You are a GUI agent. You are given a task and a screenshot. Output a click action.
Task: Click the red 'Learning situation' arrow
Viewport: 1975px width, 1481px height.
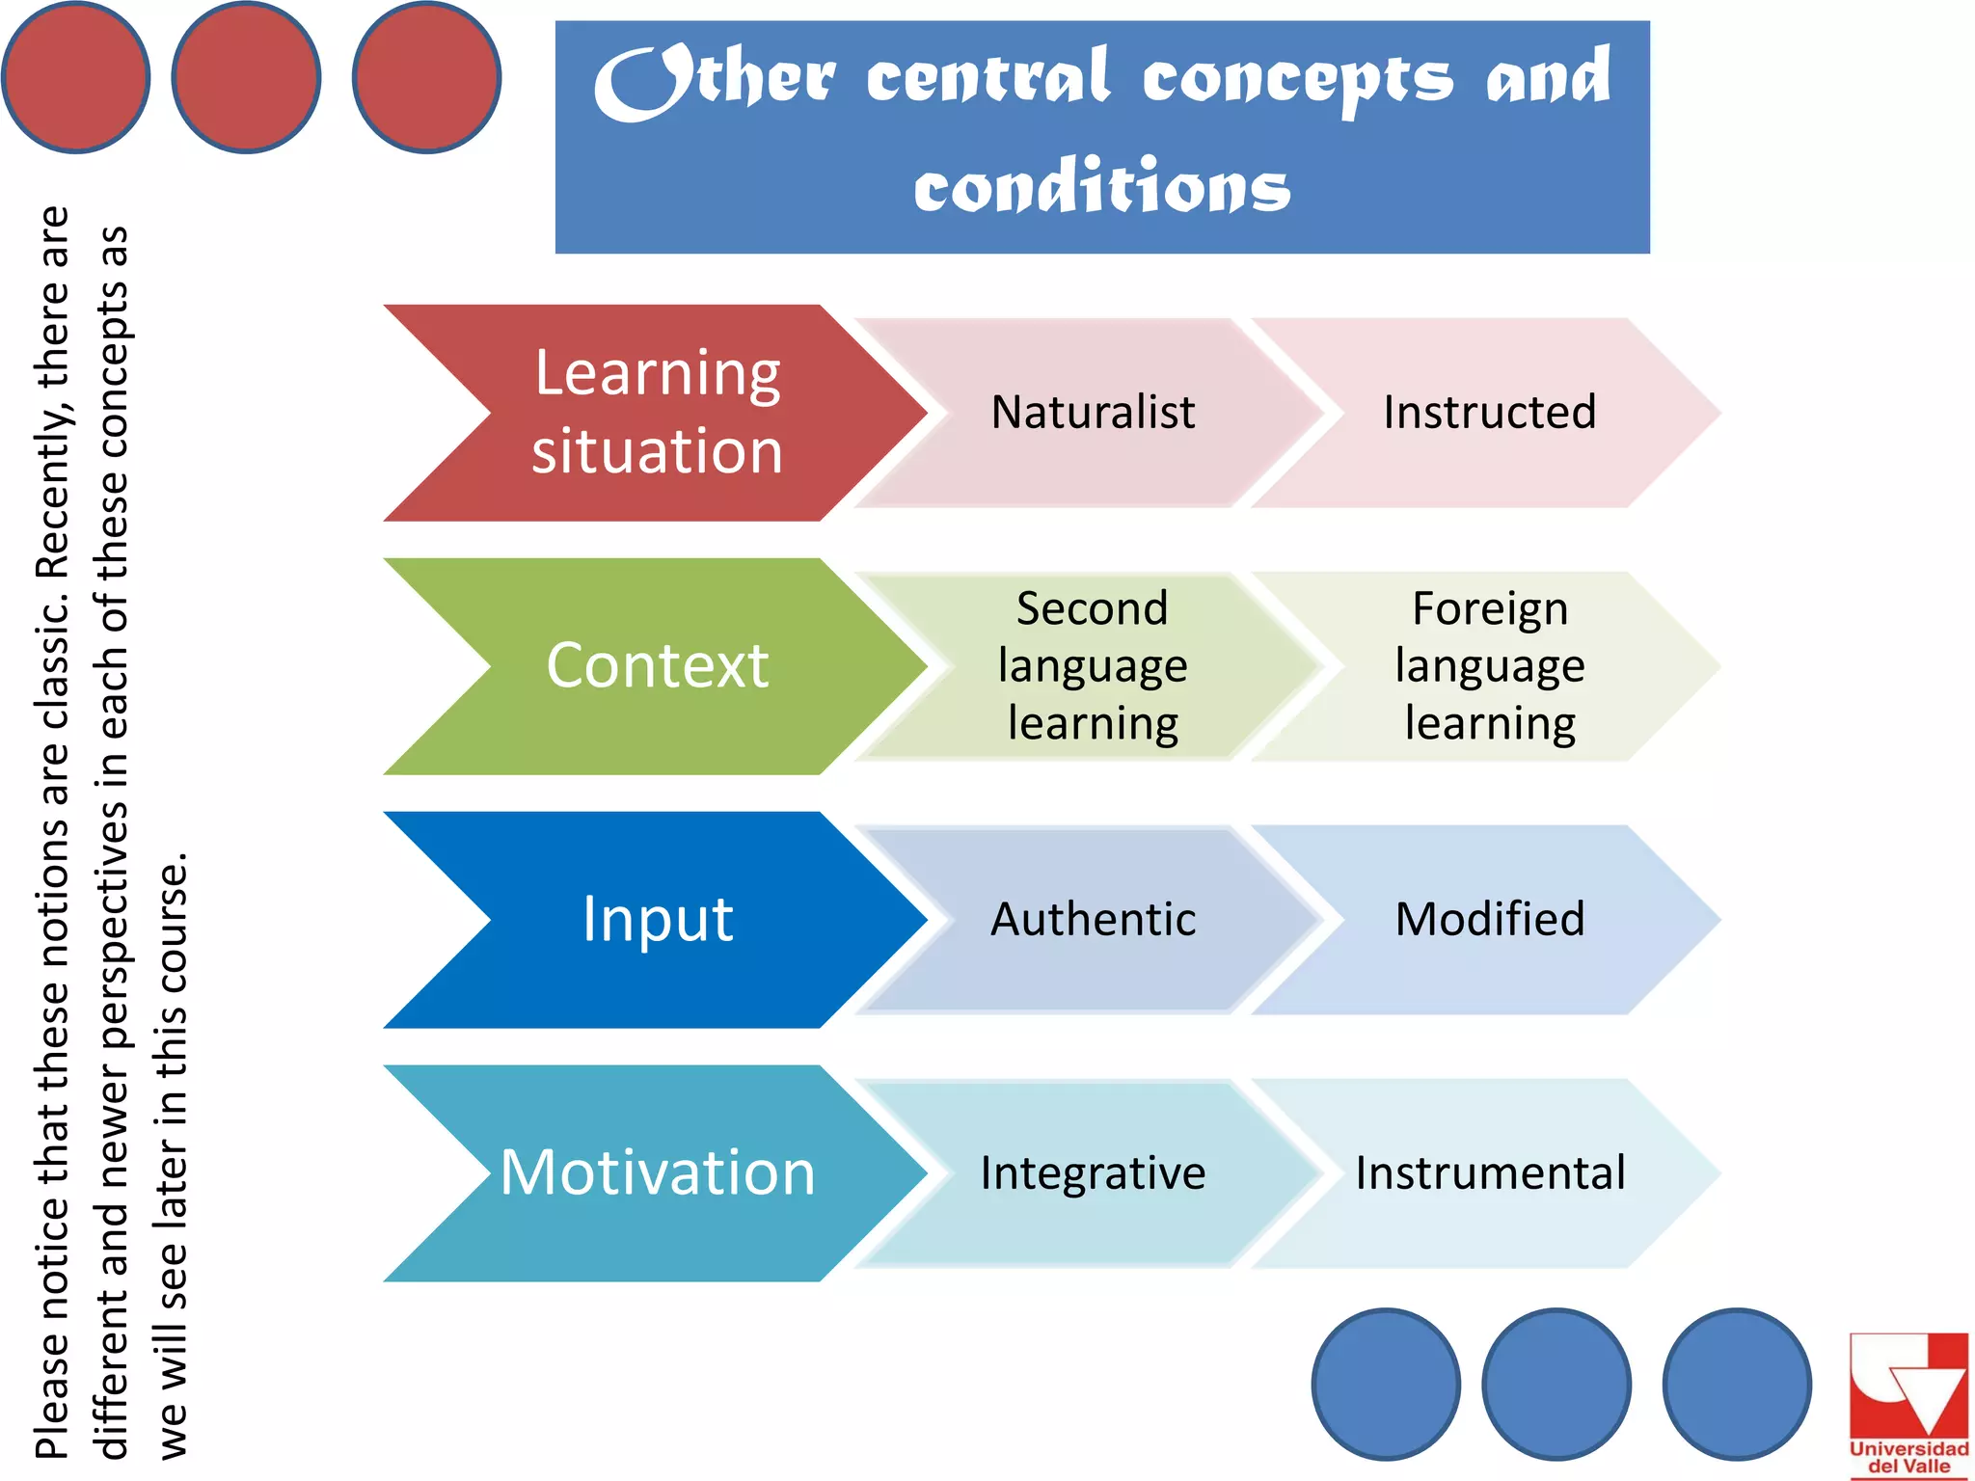pos(656,413)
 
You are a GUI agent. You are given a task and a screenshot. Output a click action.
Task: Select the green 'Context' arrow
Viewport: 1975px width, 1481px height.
pos(656,665)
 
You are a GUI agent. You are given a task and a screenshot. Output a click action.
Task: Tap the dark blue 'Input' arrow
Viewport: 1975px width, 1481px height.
pos(656,919)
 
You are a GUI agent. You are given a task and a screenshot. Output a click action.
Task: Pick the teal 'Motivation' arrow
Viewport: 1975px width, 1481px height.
pos(656,1172)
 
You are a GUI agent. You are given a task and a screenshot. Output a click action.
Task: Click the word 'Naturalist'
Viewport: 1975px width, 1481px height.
pos(1093,413)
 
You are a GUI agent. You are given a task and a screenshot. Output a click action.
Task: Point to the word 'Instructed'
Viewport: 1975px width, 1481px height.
pos(1489,413)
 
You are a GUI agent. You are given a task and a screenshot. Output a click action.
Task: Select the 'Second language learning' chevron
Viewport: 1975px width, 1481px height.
pos(1093,665)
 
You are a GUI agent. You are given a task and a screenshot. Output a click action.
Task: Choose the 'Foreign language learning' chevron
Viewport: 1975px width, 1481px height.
pos(1489,665)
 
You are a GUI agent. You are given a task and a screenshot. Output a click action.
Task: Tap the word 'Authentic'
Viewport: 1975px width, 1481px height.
pos(1093,919)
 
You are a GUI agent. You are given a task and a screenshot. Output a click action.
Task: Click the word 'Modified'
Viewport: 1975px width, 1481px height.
pos(1489,919)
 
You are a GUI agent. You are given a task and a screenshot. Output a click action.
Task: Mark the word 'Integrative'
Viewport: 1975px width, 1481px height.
pos(1093,1173)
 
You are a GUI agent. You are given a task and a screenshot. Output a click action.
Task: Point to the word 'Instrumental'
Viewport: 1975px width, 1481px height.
pos(1489,1173)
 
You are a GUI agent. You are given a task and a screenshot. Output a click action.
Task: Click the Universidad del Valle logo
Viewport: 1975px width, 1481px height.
pos(1907,1404)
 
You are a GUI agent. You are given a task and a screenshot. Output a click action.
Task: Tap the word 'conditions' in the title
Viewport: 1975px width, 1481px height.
pos(1101,186)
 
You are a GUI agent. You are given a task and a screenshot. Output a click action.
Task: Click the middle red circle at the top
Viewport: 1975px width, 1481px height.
pos(246,77)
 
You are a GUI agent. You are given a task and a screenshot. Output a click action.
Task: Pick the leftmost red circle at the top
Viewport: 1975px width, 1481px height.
pos(75,77)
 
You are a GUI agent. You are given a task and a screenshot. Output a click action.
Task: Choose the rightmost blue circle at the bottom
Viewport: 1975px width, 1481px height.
pos(1736,1383)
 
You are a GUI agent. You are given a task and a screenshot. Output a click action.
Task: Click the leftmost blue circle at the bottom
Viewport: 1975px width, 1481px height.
pos(1386,1383)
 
